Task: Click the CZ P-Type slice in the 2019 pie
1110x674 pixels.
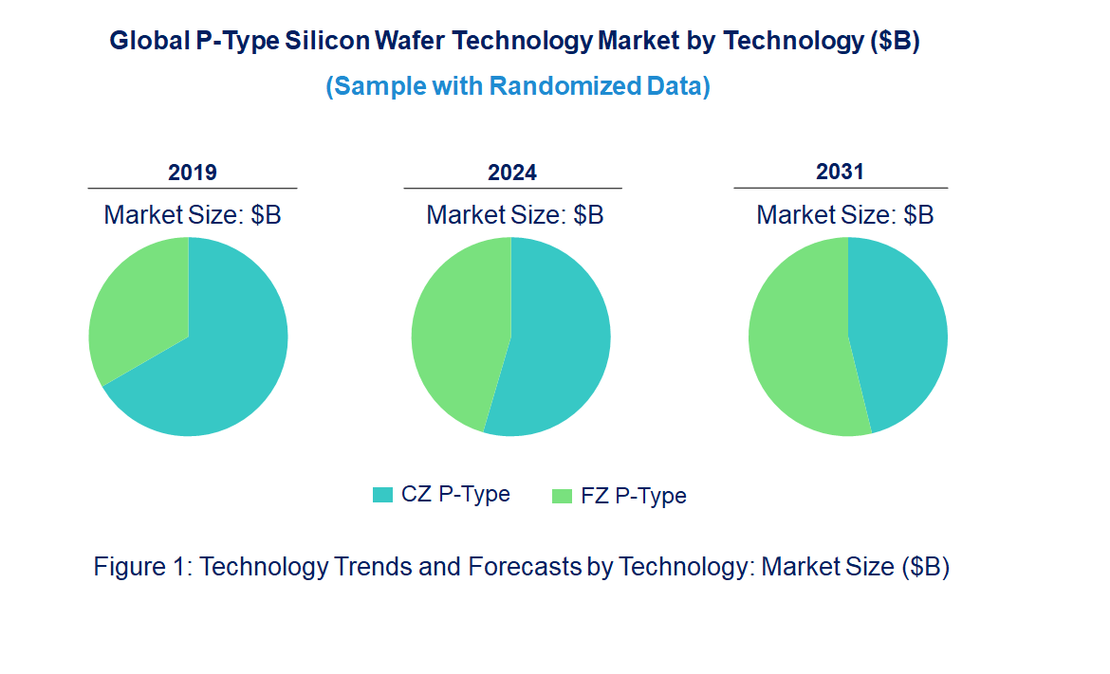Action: coord(218,370)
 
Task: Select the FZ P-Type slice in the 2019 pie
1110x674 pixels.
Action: coord(138,303)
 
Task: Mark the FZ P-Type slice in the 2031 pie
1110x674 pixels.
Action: coord(797,341)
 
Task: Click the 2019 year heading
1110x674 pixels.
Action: coord(193,173)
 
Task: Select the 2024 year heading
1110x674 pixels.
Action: coord(512,173)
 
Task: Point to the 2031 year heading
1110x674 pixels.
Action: coord(841,172)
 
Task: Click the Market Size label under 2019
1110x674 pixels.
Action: coord(193,215)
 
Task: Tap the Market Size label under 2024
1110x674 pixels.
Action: coord(515,215)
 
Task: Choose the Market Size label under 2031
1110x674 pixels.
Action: coord(844,215)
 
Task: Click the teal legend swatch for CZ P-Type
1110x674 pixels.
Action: coord(382,494)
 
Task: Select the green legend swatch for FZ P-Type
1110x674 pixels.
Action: coord(563,495)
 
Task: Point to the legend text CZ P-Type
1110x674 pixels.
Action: coord(455,494)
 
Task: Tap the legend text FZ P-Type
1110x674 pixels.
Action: coord(633,496)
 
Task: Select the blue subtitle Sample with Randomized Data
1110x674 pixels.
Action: coord(518,86)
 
